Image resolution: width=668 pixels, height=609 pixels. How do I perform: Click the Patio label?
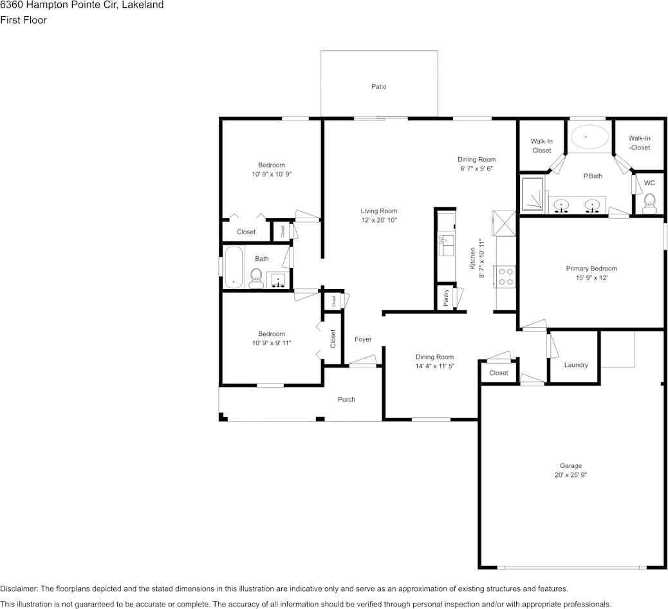point(379,86)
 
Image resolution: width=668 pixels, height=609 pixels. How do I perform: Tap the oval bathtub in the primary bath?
point(589,137)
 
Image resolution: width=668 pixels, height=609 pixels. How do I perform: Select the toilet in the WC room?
point(649,203)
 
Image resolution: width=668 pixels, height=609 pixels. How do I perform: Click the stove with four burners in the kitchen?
point(505,276)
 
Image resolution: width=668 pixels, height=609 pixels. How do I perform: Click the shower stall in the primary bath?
point(533,194)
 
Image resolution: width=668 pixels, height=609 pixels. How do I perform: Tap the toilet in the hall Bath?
point(257,278)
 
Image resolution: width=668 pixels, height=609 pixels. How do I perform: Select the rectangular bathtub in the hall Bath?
point(234,267)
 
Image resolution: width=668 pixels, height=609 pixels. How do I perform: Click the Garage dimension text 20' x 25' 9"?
point(570,474)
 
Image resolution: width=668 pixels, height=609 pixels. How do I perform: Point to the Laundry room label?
point(576,365)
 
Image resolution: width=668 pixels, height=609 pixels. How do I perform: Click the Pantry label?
point(445,297)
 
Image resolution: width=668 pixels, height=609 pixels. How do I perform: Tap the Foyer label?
point(363,339)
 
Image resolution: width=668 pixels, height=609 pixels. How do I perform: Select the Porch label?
point(346,399)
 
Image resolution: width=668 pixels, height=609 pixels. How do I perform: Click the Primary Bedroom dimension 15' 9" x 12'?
point(591,278)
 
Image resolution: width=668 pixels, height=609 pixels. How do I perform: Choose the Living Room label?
point(379,211)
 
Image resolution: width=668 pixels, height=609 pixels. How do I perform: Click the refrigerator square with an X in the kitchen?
point(504,223)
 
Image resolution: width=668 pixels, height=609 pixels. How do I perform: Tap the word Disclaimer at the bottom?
point(19,588)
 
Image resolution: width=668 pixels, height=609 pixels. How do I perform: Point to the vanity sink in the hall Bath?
point(278,280)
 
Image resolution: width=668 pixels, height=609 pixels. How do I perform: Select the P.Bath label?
point(593,176)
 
